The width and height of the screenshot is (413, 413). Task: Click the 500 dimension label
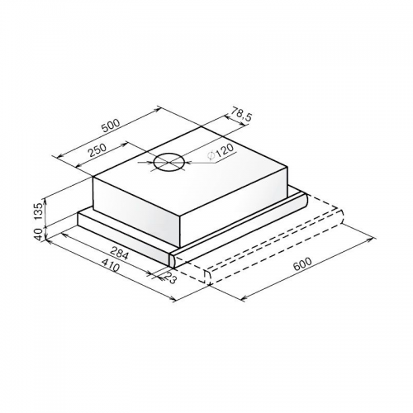111,126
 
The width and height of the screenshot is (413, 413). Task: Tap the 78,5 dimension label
241,114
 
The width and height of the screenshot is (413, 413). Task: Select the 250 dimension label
97,150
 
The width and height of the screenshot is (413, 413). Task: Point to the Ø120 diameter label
221,151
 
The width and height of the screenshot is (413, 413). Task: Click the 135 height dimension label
40,211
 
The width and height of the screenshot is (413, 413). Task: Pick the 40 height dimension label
40,235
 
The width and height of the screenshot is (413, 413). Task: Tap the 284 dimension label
118,253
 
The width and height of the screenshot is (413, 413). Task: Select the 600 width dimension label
302,263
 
